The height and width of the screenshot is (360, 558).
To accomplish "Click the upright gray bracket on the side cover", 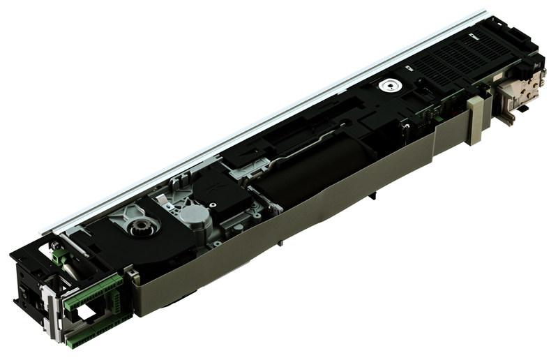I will click(x=475, y=121).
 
